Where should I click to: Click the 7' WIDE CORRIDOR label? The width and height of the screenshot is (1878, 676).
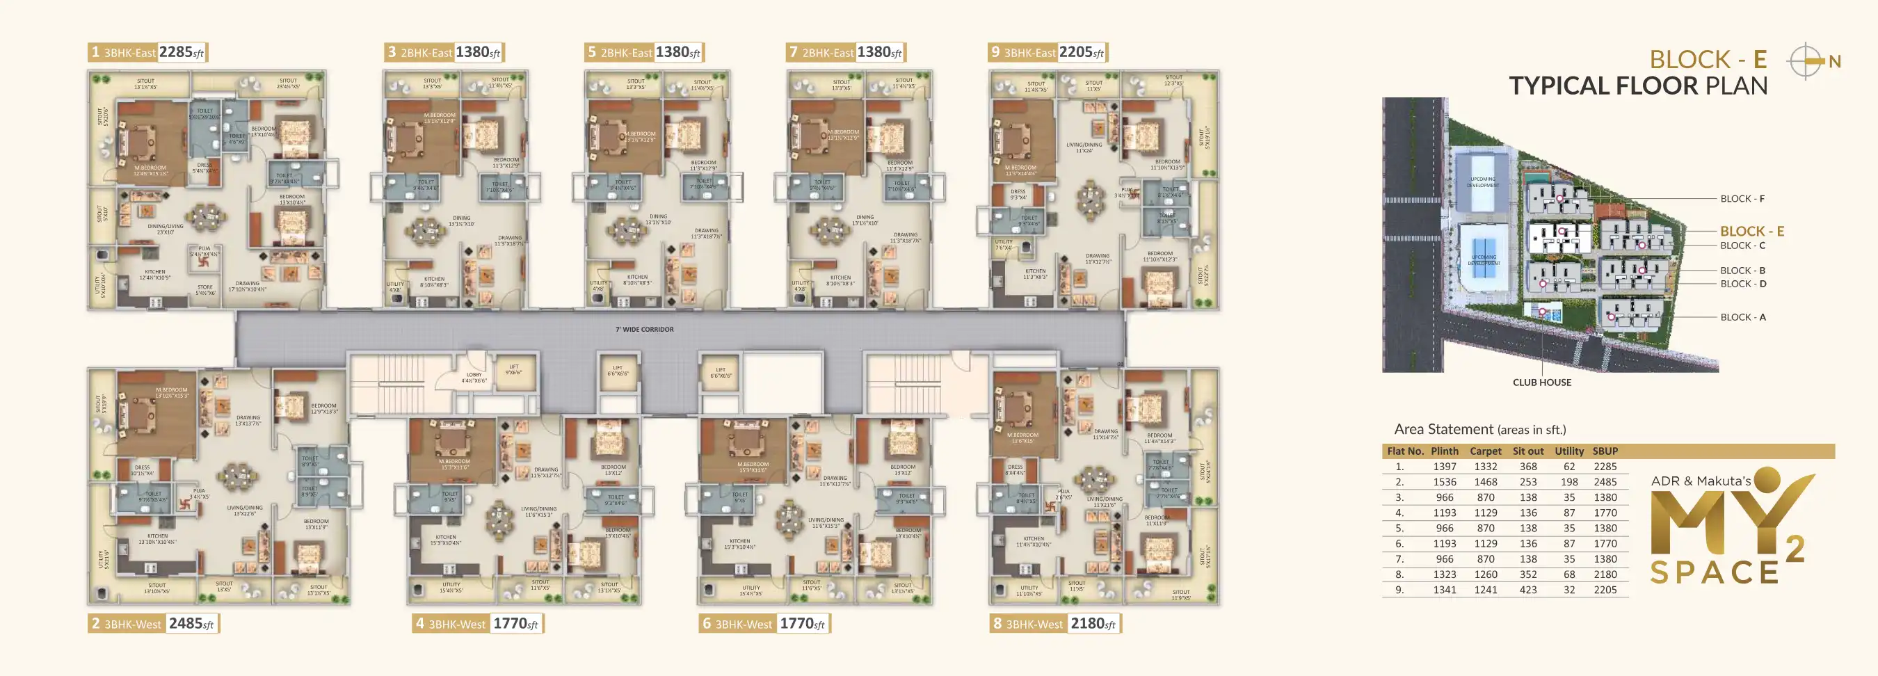click(645, 330)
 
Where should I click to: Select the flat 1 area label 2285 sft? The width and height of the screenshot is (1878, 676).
click(182, 52)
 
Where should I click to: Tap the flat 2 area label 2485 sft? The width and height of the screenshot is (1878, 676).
click(192, 624)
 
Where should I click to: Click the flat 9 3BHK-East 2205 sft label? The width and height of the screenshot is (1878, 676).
click(1047, 52)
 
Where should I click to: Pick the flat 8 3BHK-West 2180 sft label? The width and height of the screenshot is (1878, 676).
click(1055, 624)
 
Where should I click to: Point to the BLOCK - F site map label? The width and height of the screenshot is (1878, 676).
click(1742, 199)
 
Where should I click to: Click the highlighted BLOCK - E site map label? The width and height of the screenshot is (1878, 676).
click(1752, 231)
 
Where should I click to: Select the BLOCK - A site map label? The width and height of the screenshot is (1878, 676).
click(1742, 317)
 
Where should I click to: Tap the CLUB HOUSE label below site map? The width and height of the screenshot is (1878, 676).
click(1542, 382)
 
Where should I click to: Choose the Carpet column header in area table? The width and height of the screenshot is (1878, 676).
click(1485, 451)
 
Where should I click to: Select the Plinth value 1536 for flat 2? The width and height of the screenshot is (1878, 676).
click(1444, 482)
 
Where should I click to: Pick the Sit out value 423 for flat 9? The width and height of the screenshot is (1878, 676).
click(1528, 590)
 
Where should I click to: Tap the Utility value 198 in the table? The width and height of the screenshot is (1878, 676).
click(1569, 482)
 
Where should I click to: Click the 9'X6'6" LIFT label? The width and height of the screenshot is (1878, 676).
click(514, 370)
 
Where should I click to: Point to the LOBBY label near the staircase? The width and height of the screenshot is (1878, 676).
click(474, 378)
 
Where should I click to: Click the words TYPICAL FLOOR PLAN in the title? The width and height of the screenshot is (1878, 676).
click(1637, 86)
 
